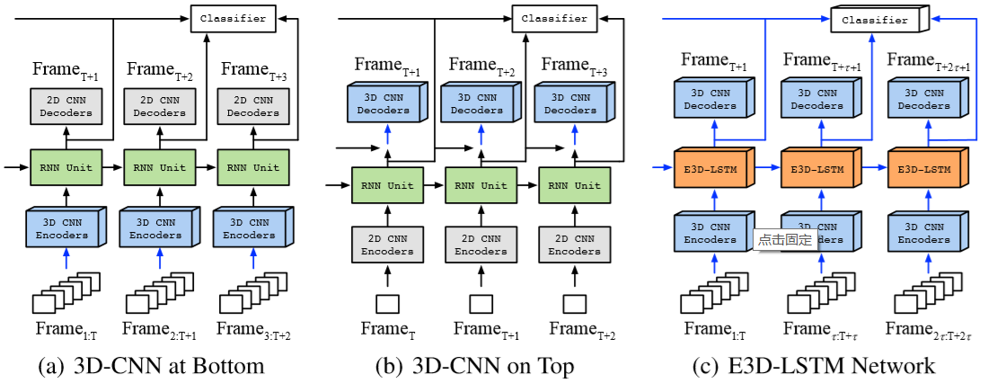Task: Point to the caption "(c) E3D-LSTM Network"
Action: pos(814,366)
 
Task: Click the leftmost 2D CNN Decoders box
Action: pos(66,106)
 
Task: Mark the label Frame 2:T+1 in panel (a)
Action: pos(159,329)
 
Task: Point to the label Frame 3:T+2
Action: pos(254,329)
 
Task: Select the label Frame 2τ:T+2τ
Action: pos(929,330)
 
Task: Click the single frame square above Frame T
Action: pos(386,303)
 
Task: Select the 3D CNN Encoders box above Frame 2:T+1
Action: pos(159,228)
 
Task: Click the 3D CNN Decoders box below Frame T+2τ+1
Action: pos(924,98)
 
